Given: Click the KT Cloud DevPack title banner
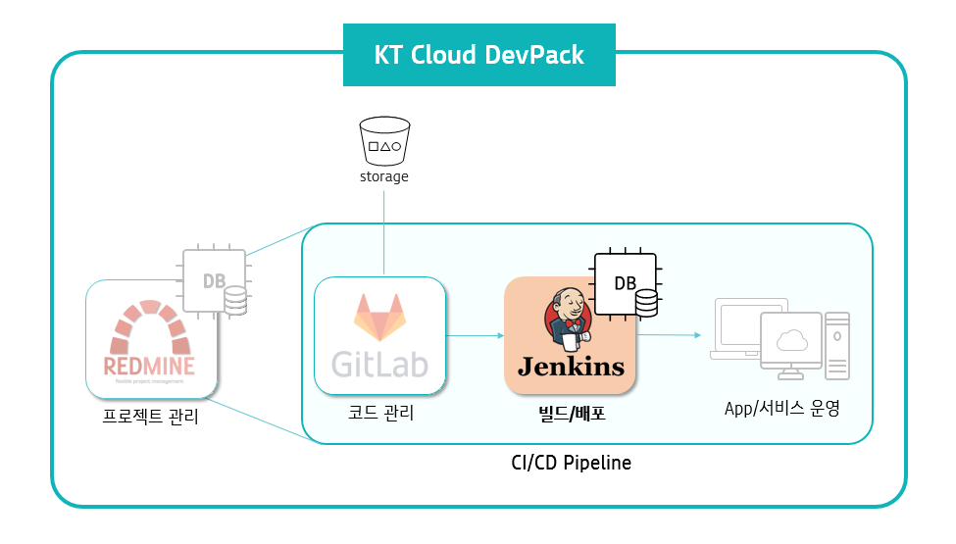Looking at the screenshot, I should pyautogui.click(x=478, y=55).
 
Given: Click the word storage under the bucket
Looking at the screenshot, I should pyautogui.click(x=383, y=177).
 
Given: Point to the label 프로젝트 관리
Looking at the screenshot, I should pyautogui.click(x=151, y=417).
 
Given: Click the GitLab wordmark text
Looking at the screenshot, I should pyautogui.click(x=379, y=364).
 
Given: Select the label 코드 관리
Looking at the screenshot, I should pyautogui.click(x=380, y=414).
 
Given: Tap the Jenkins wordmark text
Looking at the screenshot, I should pyautogui.click(x=571, y=367).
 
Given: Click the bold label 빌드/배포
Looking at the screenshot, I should pyautogui.click(x=571, y=414).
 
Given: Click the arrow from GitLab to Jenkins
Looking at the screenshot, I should pyautogui.click(x=475, y=336).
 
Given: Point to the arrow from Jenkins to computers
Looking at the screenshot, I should pyautogui.click(x=670, y=335).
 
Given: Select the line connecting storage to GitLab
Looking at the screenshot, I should pyautogui.click(x=383, y=230).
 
